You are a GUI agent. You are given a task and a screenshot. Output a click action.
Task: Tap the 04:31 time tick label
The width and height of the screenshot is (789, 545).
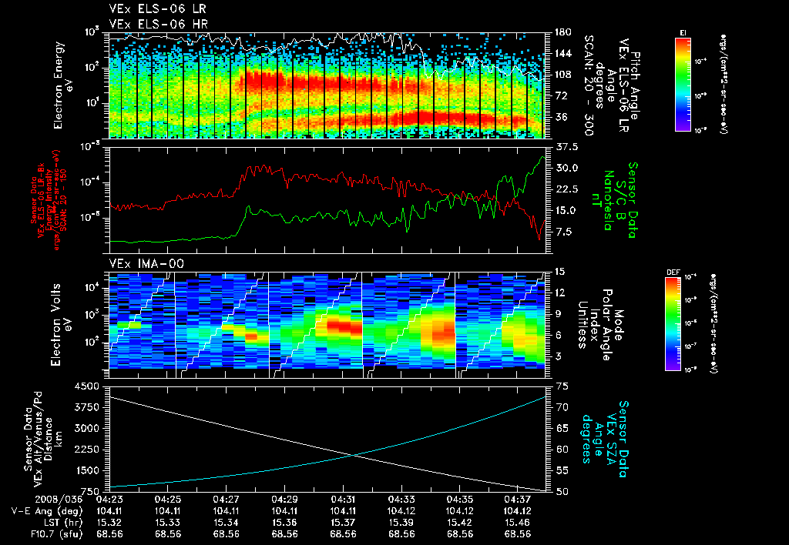(x=343, y=499)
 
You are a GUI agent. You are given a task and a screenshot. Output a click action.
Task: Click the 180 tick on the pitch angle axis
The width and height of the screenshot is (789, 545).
(x=561, y=32)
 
